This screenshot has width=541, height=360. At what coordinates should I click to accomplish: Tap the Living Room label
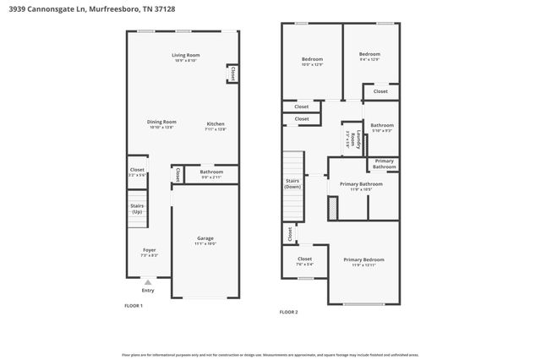point(185,57)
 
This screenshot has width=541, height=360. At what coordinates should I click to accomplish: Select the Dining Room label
point(161,124)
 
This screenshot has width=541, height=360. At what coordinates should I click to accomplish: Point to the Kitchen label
point(216,126)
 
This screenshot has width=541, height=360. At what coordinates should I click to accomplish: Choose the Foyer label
point(148,252)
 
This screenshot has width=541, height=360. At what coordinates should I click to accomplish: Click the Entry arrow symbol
point(148,282)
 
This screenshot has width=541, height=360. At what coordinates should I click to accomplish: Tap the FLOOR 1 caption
point(134,305)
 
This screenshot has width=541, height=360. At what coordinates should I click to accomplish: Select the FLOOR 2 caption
point(289,312)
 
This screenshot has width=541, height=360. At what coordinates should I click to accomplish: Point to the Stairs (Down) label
point(292,183)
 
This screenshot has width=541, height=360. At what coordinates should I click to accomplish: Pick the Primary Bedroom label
point(363,261)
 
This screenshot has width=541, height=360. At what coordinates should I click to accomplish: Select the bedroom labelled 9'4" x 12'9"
point(369,57)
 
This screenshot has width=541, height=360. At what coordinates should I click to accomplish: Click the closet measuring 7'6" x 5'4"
point(304,261)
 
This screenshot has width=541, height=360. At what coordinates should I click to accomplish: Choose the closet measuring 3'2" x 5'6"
point(137,172)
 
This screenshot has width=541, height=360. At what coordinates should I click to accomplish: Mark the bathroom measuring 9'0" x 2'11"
point(211,174)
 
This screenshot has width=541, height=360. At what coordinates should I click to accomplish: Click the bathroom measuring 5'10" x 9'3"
point(382,127)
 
